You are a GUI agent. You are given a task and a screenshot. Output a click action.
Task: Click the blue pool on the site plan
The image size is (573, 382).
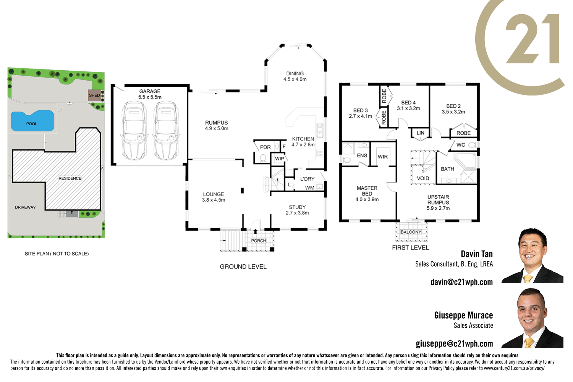[32, 121]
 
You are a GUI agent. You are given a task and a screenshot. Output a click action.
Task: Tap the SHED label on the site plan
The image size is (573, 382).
[94, 95]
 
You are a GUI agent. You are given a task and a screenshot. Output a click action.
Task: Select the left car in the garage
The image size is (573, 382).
[134, 131]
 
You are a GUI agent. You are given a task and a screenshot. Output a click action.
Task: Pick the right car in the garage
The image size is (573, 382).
[166, 131]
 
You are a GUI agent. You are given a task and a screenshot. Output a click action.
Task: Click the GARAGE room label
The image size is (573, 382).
[150, 91]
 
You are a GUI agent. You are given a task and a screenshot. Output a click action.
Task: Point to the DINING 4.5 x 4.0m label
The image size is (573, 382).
[295, 76]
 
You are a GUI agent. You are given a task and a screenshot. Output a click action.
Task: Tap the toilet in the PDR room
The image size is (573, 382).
[263, 158]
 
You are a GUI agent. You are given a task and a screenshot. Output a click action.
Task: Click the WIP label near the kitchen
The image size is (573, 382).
[279, 159]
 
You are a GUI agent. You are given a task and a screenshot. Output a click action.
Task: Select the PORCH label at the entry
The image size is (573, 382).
[258, 241]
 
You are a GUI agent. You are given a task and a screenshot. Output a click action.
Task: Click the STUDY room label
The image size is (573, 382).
[297, 207]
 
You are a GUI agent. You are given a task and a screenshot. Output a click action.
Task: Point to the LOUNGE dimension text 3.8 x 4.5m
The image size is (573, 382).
[214, 200]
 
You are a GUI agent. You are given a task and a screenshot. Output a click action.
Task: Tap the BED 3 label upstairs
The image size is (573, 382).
[360, 110]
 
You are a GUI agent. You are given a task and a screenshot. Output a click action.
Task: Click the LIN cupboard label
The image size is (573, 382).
[420, 133]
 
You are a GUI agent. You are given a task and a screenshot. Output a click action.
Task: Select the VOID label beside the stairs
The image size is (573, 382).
[423, 178]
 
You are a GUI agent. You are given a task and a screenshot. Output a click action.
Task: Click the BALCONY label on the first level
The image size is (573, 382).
[411, 232]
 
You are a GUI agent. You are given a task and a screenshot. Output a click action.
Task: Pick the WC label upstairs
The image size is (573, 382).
[461, 145]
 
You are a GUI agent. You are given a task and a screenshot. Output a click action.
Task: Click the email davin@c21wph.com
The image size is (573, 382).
[461, 282]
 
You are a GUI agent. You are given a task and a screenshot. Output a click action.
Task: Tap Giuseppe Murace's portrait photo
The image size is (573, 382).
[532, 318]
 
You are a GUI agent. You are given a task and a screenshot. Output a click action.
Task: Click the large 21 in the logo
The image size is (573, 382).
[533, 39]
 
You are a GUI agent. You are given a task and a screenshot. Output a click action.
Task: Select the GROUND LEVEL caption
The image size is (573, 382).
[243, 267]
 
